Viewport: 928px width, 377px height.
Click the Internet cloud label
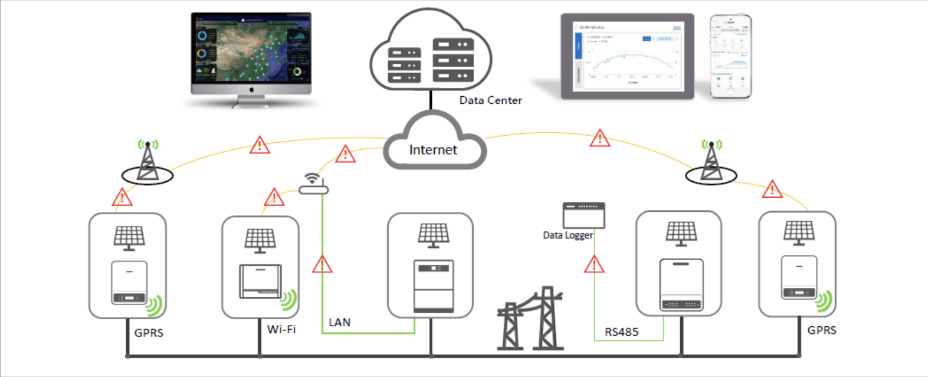tap(433, 150)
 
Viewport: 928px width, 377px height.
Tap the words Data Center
tap(490, 100)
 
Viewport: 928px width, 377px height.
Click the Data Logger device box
tap(583, 215)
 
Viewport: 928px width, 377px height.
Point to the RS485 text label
tap(621, 332)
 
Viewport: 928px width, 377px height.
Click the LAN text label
tap(339, 322)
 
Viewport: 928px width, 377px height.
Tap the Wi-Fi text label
tap(281, 329)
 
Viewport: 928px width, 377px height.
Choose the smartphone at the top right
tap(730, 56)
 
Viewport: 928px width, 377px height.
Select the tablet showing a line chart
tap(627, 57)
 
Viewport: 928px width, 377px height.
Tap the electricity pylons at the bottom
tap(531, 320)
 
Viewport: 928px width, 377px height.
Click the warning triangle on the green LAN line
tap(322, 264)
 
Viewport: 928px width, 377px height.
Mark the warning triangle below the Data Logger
tap(594, 264)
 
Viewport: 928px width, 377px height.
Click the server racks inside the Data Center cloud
tap(431, 61)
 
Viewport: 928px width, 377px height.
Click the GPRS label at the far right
tap(821, 330)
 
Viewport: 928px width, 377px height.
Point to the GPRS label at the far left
tap(149, 333)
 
